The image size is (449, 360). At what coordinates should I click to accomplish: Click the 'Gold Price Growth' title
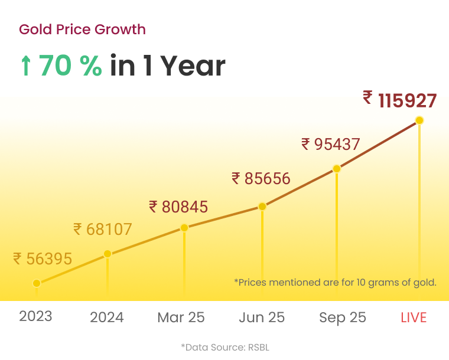pyautogui.click(x=82, y=29)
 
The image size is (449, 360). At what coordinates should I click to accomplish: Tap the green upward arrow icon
pyautogui.click(x=25, y=67)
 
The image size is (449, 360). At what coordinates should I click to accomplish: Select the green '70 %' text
pyautogui.click(x=70, y=66)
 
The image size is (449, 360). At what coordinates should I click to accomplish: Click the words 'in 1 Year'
pyautogui.click(x=168, y=66)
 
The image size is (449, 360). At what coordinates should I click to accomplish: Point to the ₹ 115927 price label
pyautogui.click(x=400, y=100)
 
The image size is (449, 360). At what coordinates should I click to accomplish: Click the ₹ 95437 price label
pyautogui.click(x=330, y=144)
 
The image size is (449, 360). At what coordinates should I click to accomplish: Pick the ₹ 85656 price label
pyautogui.click(x=261, y=178)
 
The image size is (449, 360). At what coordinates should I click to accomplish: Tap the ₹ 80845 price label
pyautogui.click(x=178, y=207)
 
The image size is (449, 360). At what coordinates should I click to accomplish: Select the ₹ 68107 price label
pyautogui.click(x=103, y=229)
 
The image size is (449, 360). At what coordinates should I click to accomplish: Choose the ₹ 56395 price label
pyautogui.click(x=43, y=258)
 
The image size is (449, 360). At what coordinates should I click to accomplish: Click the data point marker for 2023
pyautogui.click(x=37, y=283)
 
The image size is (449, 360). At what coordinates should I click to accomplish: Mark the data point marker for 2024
pyautogui.click(x=108, y=254)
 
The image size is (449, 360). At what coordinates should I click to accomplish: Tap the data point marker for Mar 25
pyautogui.click(x=184, y=228)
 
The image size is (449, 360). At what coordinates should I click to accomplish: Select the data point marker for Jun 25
pyautogui.click(x=262, y=207)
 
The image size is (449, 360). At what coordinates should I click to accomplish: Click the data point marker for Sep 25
pyautogui.click(x=337, y=169)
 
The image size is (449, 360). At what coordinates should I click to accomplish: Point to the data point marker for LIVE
pyautogui.click(x=419, y=120)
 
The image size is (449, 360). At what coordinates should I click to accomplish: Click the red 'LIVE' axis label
pyautogui.click(x=414, y=318)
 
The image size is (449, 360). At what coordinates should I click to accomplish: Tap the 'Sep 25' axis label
pyautogui.click(x=343, y=318)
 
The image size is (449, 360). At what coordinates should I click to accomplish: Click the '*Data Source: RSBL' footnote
pyautogui.click(x=224, y=348)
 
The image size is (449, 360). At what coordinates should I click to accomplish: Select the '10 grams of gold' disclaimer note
pyautogui.click(x=335, y=282)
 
